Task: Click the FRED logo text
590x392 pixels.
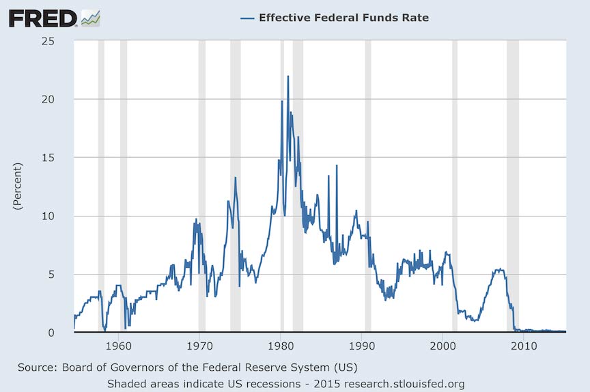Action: click(42, 18)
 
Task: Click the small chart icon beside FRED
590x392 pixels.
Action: click(91, 18)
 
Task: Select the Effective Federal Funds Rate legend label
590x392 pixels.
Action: click(343, 18)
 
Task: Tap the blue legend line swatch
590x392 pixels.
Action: click(247, 18)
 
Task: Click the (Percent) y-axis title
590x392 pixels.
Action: click(18, 186)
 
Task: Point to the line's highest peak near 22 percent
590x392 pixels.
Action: click(288, 76)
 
